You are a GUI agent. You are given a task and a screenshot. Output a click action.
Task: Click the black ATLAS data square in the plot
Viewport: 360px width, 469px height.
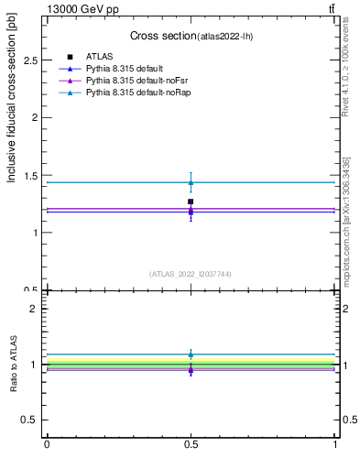(x=191, y=202)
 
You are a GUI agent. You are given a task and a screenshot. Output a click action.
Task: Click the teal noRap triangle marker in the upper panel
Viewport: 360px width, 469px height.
(x=191, y=182)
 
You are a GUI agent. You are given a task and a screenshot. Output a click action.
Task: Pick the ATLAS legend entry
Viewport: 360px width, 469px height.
(x=99, y=57)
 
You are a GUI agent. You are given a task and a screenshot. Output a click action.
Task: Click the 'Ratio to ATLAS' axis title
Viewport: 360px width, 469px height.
(x=13, y=364)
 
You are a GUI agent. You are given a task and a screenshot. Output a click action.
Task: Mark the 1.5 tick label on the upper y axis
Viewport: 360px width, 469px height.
(x=32, y=175)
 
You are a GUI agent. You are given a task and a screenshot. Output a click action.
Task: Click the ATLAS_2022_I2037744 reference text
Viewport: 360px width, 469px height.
(x=191, y=273)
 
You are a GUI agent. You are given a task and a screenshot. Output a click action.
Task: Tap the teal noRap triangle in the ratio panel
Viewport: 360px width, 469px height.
(x=191, y=354)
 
